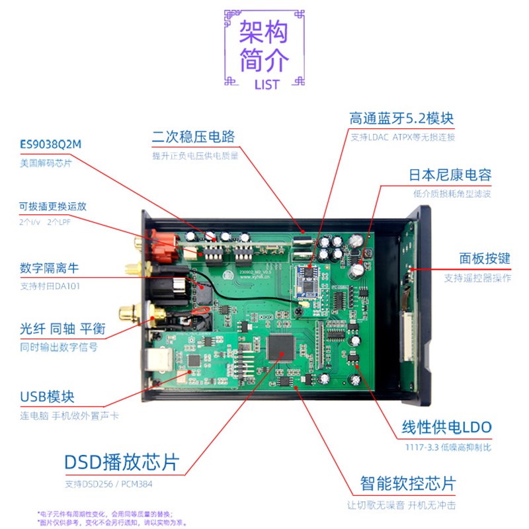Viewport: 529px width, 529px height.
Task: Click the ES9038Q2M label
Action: click(x=54, y=145)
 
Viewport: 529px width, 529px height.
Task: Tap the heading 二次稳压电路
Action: click(x=193, y=138)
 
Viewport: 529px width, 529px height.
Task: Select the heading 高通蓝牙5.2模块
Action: click(x=401, y=119)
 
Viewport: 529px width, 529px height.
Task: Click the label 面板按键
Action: click(x=485, y=259)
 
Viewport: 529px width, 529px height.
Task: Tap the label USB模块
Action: click(x=47, y=397)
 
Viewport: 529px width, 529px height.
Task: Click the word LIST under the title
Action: click(x=266, y=85)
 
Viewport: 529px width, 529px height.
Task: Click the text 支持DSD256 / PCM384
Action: click(x=112, y=484)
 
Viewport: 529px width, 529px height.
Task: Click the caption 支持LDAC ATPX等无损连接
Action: click(x=402, y=138)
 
